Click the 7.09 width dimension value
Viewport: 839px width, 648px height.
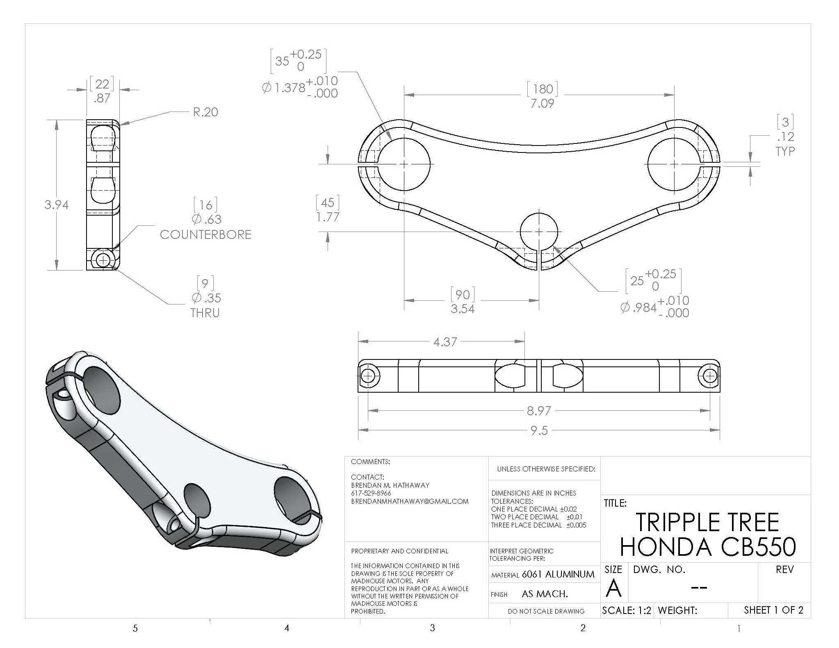542,103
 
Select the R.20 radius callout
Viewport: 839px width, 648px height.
205,112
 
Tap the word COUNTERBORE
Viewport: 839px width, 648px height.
205,234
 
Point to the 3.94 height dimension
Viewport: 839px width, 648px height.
56,205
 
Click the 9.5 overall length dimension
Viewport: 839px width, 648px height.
539,430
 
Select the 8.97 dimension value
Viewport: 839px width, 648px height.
539,410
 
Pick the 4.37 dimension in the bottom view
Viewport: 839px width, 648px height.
445,342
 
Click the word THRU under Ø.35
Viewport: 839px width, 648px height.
205,313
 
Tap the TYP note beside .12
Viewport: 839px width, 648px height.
785,151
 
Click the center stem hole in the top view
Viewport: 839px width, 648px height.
539,232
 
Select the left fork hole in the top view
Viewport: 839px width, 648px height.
404,164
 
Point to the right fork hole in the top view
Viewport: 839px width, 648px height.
675,164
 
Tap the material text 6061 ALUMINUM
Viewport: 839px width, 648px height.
558,574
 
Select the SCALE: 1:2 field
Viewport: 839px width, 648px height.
626,610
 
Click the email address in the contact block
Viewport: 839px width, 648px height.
410,501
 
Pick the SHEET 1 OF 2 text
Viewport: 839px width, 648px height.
773,610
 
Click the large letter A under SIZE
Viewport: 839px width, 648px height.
613,588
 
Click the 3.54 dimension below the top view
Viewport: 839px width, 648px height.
463,309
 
